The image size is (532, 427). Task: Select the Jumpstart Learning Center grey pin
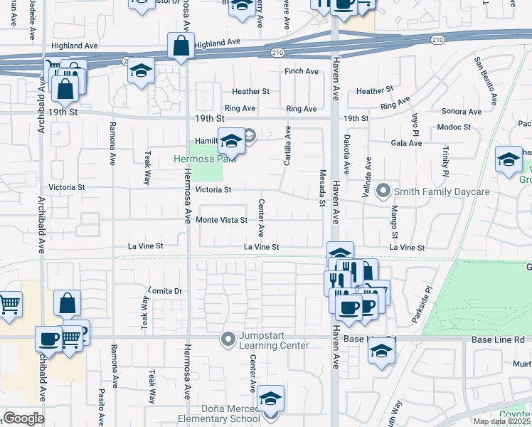coord(228,339)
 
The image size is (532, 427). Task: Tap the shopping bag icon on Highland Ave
coord(181,47)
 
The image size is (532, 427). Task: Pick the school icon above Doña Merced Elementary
coord(270,399)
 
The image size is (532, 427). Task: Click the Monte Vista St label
coord(221,221)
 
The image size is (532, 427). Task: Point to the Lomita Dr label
coord(166,291)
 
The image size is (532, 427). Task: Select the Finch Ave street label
coord(301,71)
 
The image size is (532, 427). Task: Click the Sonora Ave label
coord(462,112)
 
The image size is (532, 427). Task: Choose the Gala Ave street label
coord(406,143)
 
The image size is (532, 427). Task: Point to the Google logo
coord(24,418)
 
